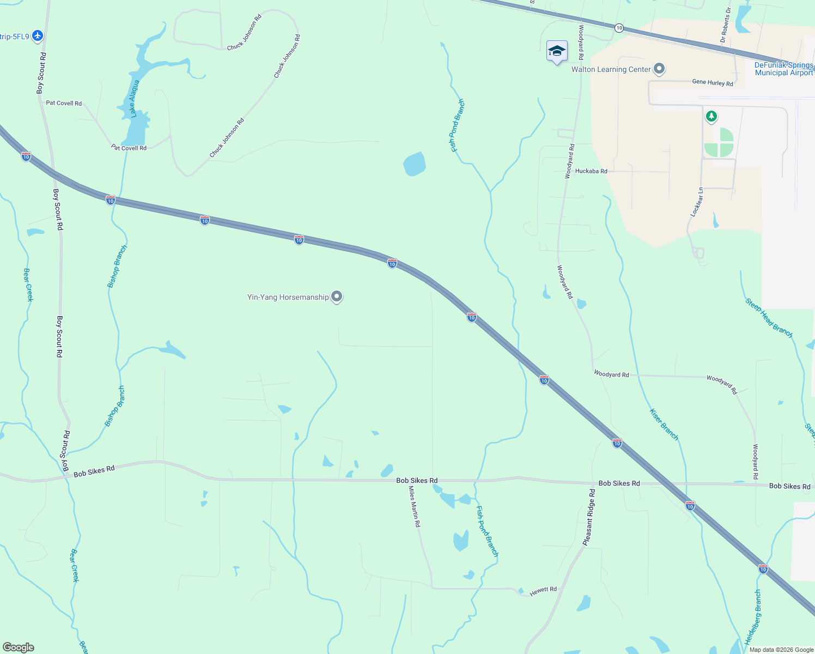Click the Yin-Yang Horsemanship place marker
click(x=337, y=296)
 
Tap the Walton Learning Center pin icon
click(x=659, y=69)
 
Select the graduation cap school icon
click(x=556, y=52)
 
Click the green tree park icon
click(x=711, y=116)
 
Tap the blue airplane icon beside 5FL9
click(x=38, y=36)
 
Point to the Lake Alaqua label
click(x=134, y=99)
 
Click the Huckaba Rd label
click(x=591, y=171)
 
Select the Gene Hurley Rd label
click(x=712, y=83)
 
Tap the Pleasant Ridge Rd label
click(x=589, y=517)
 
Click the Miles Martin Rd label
click(x=415, y=507)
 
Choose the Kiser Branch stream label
click(x=664, y=424)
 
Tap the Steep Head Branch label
click(x=769, y=318)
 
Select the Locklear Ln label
click(x=697, y=202)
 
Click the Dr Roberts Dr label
click(x=726, y=25)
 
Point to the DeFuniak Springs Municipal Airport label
click(x=783, y=69)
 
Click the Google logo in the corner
click(x=19, y=647)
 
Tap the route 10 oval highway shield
click(x=619, y=27)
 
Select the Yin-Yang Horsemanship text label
click(x=288, y=297)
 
